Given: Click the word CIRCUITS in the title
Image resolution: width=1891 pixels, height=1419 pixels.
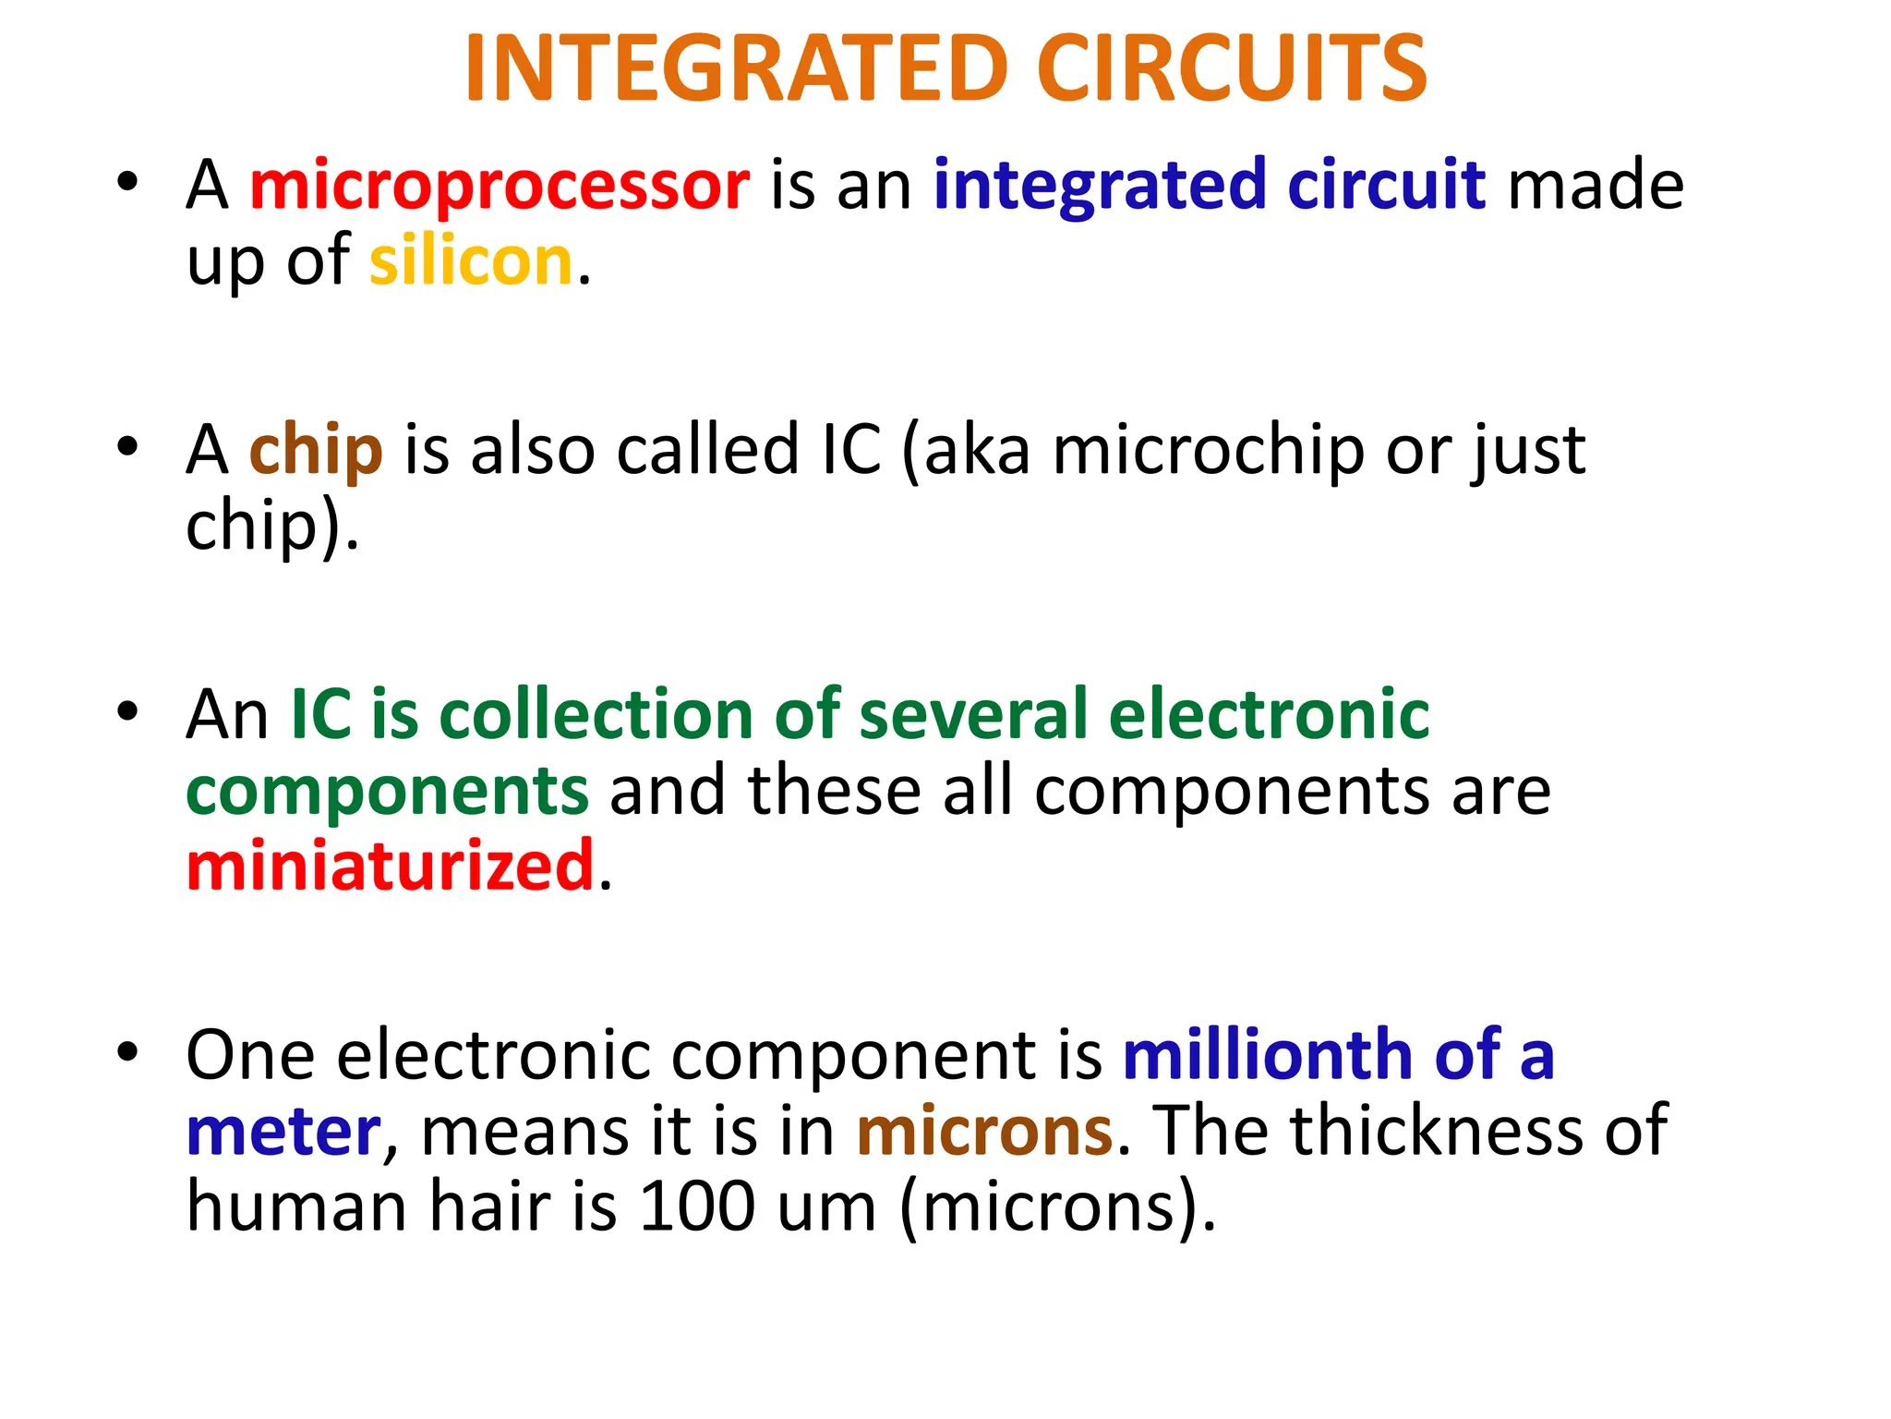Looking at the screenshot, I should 1232,69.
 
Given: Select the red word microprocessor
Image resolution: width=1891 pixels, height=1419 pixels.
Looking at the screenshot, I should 500,186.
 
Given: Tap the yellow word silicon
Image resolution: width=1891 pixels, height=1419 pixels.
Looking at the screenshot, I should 471,261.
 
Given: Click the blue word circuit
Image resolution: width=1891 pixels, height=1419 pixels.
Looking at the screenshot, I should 1385,185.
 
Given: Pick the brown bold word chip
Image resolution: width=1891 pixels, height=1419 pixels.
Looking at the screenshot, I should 316,451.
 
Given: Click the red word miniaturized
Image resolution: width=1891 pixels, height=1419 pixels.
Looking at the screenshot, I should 390,867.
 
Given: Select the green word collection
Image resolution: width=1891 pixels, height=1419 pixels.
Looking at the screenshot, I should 596,716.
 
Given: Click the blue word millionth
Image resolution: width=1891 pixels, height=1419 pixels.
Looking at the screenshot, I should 1268,1055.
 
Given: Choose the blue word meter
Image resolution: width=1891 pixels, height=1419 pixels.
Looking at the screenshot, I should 283,1132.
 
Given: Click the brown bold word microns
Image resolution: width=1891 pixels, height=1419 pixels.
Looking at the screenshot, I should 984,1132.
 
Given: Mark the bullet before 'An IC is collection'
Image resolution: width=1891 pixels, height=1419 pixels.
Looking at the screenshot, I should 127,711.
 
